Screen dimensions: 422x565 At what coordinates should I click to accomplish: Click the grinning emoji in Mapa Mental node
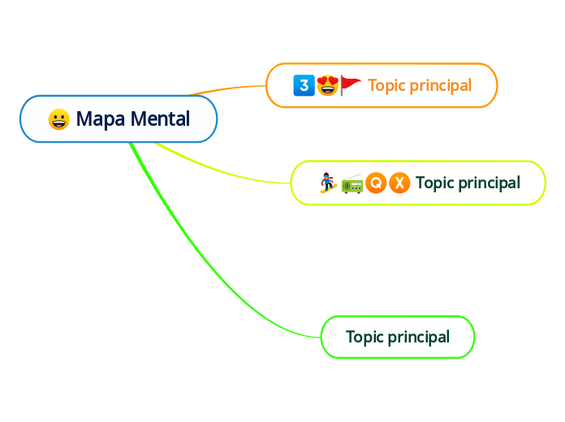tap(58, 119)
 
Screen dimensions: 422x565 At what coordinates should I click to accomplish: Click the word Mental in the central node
tap(160, 119)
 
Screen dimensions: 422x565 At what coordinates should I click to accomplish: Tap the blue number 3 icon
tap(304, 84)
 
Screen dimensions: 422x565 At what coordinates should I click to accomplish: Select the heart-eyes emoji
tap(327, 84)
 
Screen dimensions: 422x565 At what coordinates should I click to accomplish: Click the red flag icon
tap(351, 84)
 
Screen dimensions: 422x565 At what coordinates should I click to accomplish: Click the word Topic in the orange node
tap(386, 85)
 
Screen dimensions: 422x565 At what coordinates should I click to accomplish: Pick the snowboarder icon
tap(328, 183)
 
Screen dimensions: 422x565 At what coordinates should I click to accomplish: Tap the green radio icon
tap(352, 184)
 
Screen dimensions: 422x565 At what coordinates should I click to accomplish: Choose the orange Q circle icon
tap(375, 183)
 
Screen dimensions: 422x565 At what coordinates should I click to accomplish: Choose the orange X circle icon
tap(399, 183)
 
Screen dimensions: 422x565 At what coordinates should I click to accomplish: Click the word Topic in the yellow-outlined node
tap(433, 183)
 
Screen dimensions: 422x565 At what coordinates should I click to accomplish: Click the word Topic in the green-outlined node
tap(364, 337)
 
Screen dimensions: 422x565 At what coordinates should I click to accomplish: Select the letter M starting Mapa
tap(84, 119)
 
